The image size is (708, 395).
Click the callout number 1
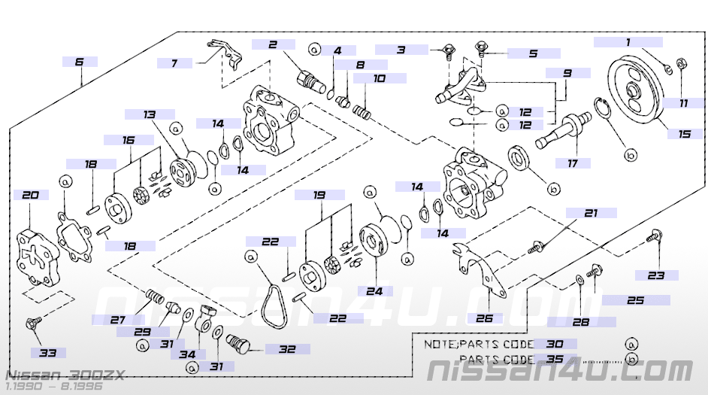[x=628, y=42]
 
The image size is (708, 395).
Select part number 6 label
[x=80, y=62]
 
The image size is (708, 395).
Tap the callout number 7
[x=174, y=63]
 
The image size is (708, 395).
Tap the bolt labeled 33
[x=33, y=324]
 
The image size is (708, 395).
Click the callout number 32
[x=286, y=348]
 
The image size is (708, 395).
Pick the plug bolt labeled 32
[x=241, y=345]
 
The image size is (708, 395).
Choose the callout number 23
[x=656, y=275]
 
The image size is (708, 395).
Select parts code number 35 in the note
[x=555, y=359]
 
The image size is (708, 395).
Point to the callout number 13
[x=150, y=114]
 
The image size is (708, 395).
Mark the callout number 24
[x=375, y=291]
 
